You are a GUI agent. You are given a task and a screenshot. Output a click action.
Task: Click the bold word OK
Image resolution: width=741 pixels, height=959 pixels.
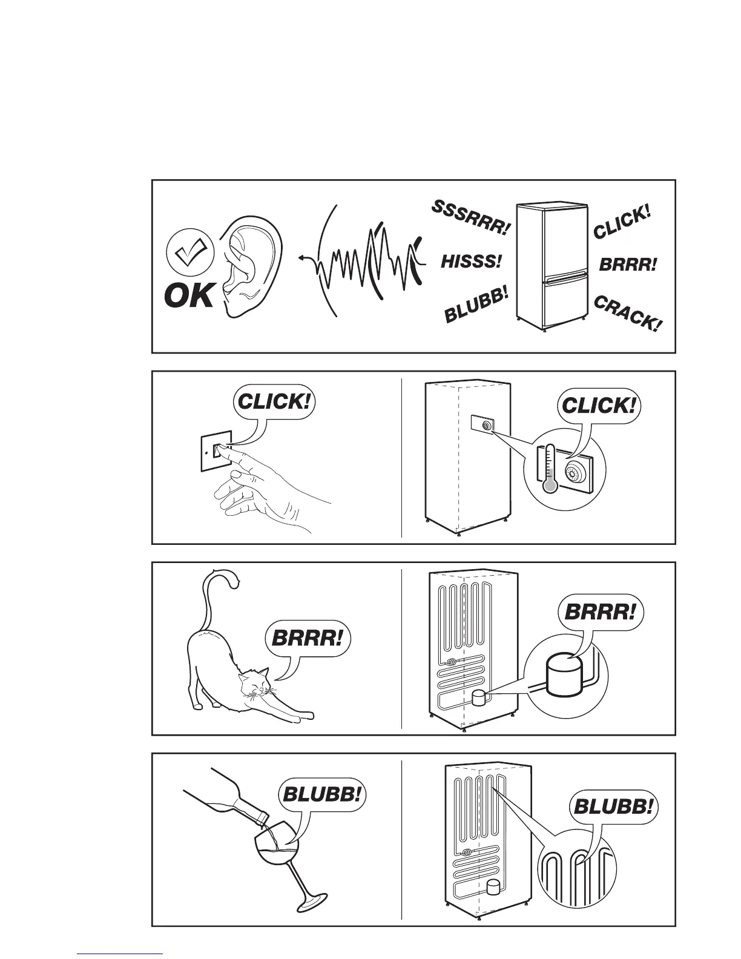[189, 297]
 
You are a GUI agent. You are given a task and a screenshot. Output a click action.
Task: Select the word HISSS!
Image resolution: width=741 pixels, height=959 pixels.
[472, 262]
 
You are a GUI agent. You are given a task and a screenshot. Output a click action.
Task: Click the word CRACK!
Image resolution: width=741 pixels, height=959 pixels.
[628, 313]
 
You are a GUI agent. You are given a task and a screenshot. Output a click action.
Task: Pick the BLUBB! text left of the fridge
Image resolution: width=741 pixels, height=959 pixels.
[476, 307]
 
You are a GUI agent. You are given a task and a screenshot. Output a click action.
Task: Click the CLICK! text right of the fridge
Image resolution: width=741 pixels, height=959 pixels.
[622, 222]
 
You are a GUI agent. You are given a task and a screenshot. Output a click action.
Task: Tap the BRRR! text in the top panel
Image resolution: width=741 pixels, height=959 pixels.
[628, 265]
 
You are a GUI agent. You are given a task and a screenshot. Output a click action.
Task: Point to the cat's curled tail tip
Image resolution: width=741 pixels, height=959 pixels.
[237, 582]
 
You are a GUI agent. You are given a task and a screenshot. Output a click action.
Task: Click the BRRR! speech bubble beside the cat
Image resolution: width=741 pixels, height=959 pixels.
[309, 638]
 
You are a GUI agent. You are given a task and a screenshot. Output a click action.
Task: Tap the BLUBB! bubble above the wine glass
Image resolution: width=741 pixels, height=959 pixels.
[323, 795]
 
